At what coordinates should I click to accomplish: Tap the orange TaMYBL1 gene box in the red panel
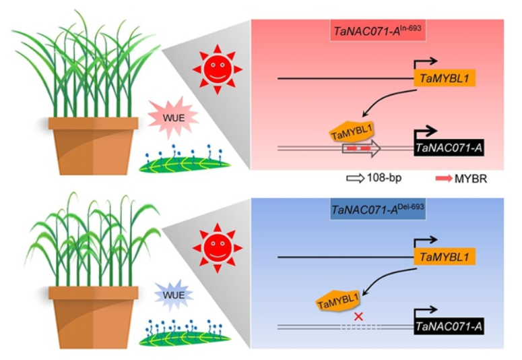pyautogui.click(x=445, y=79)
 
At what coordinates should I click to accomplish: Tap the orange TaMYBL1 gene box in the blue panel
pyautogui.click(x=445, y=257)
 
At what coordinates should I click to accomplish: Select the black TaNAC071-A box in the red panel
pyautogui.click(x=451, y=148)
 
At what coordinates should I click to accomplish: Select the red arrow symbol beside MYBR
pyautogui.click(x=445, y=179)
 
